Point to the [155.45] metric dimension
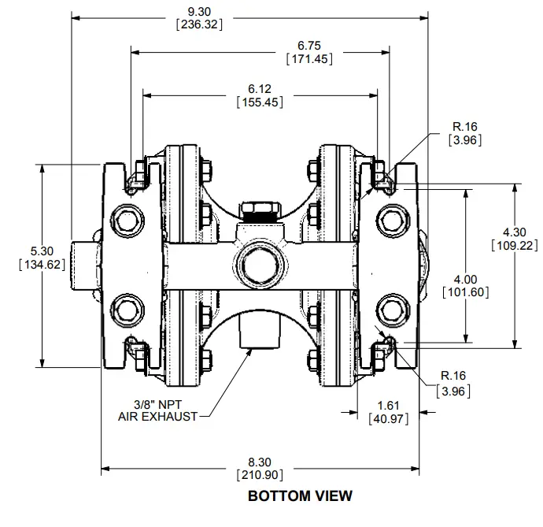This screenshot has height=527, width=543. pyautogui.click(x=260, y=102)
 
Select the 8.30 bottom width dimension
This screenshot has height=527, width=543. pyautogui.click(x=260, y=462)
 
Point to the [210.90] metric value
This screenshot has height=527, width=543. pyautogui.click(x=260, y=475)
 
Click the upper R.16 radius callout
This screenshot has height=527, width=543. pyautogui.click(x=464, y=127)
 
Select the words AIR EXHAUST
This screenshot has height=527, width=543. pyautogui.click(x=157, y=415)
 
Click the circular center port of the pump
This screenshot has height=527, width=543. pyautogui.click(x=260, y=263)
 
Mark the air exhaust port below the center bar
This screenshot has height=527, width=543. pyautogui.click(x=260, y=331)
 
